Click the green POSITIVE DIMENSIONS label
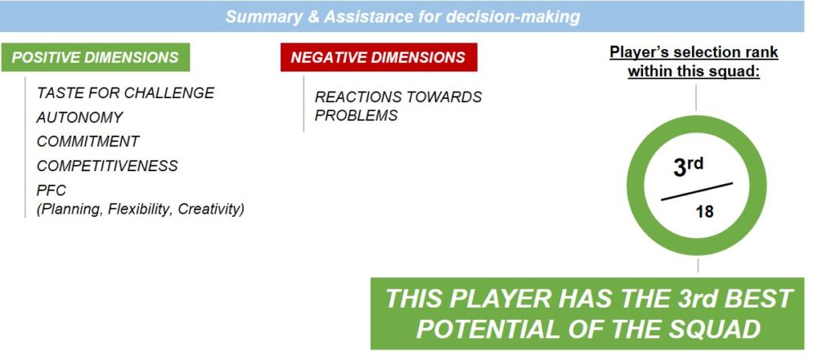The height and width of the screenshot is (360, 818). (96, 57)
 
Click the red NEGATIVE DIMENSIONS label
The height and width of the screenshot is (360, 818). (379, 57)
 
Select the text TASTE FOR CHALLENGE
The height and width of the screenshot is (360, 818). (126, 93)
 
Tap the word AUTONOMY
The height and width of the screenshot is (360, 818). (80, 117)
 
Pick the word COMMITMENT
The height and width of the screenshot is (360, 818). (88, 142)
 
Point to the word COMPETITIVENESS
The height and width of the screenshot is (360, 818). (107, 166)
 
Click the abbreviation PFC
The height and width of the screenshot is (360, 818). (51, 191)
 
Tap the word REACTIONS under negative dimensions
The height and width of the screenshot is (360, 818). (362, 97)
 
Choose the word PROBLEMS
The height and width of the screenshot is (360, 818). (357, 115)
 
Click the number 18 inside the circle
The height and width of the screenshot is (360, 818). (704, 212)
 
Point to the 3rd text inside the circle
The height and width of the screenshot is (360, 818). (688, 167)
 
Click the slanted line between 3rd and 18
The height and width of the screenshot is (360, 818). (697, 191)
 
